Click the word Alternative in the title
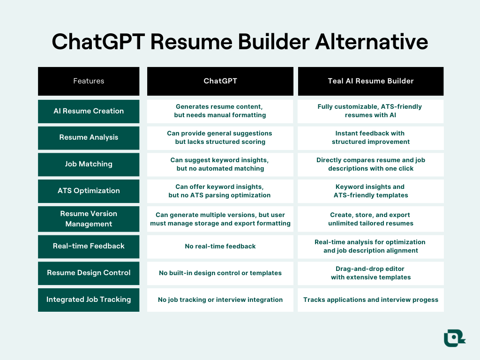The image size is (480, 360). (371, 42)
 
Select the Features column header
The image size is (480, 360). (89, 81)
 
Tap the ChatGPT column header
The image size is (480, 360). (220, 81)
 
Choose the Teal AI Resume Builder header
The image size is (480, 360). (370, 81)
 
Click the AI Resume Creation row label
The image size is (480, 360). (89, 111)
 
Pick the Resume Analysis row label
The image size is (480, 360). (89, 137)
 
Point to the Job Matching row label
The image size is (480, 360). (89, 164)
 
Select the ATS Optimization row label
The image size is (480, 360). (89, 191)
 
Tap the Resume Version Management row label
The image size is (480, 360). (89, 219)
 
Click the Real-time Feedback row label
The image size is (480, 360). (89, 246)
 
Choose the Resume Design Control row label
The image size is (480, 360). (89, 273)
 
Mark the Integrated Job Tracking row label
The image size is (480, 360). (89, 300)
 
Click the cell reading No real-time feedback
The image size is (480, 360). (220, 246)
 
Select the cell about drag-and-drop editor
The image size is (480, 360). (370, 273)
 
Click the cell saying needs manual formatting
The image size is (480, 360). (220, 111)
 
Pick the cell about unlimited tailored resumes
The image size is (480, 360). (370, 219)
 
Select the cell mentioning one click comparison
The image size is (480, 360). (370, 164)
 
